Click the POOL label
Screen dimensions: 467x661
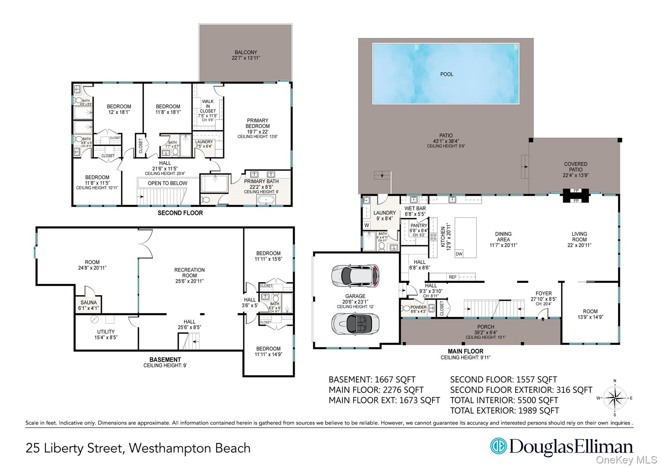(446, 74)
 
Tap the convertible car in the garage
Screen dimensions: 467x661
(355, 323)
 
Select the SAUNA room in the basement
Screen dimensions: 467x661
(88, 305)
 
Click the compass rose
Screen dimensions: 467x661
(615, 398)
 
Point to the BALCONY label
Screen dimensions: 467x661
(246, 55)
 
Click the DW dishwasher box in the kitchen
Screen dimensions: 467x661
(459, 254)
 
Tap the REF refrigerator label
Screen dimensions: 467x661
(453, 277)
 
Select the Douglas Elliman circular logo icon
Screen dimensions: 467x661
(498, 446)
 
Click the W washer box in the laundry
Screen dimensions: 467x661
(367, 225)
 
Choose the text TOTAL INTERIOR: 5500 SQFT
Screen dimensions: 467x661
(504, 400)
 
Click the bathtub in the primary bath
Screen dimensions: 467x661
(266, 200)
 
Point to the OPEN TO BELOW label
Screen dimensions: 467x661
(167, 183)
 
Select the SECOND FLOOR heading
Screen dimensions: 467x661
(180, 213)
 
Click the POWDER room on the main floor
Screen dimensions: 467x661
(418, 309)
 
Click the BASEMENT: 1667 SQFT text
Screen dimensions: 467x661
(372, 380)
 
